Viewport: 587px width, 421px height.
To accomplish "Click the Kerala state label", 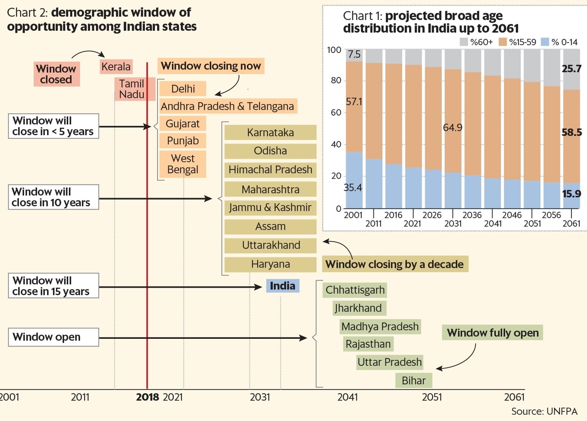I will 116,66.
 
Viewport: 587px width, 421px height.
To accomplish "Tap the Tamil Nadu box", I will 132,89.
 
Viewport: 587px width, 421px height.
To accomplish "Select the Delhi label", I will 183,89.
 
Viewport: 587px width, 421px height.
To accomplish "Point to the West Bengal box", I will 183,164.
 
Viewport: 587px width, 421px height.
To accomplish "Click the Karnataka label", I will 270,132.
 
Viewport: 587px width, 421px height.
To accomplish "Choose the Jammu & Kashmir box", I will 270,208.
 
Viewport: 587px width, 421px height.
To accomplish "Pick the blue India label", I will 282,286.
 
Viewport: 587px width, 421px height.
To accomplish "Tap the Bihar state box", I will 414,380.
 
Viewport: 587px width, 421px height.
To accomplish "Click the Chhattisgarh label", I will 355,290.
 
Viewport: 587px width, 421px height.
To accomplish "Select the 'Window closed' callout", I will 56,74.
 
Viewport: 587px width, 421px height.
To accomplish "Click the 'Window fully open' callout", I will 492,333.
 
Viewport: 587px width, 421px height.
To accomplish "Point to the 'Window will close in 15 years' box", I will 53,286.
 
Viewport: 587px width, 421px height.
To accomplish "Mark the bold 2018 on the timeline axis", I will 148,397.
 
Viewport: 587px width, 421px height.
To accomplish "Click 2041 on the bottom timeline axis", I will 348,397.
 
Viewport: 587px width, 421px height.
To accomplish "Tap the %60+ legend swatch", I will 464,42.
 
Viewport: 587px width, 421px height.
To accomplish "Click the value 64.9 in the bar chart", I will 453,128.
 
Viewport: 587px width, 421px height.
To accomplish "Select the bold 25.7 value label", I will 572,69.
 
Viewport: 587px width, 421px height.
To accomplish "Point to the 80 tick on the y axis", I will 336,81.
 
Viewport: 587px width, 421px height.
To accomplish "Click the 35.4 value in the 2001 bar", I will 353,188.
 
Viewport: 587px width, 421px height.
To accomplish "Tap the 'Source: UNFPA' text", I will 544,411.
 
